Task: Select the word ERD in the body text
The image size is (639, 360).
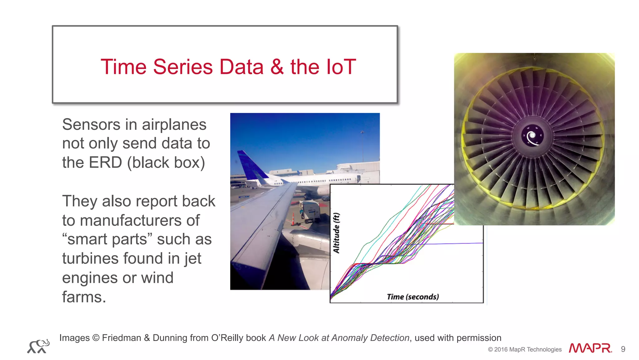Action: coord(105,163)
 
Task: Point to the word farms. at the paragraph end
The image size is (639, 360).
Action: coord(84,297)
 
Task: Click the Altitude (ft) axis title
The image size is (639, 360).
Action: coord(336,233)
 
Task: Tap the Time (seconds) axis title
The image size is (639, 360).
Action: coord(413,297)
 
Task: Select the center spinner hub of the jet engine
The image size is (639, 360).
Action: coord(532,136)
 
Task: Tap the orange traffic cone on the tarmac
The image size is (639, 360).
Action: coord(293,219)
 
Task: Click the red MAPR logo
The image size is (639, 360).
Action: coord(590,348)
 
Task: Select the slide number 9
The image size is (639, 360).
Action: coord(623,349)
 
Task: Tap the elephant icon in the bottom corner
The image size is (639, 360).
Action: coord(38,346)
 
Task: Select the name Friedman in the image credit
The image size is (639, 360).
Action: coord(121,338)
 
